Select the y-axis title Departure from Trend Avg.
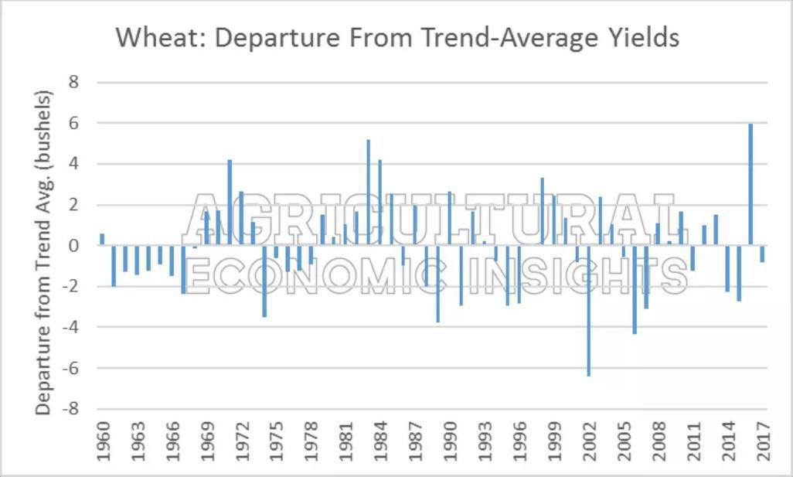44,253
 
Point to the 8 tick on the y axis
76,82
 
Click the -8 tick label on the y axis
73,409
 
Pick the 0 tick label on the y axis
76,246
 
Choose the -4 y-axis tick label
73,327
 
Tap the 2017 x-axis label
763,441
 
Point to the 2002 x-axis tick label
589,441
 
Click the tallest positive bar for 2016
750,185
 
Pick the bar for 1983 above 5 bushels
368,193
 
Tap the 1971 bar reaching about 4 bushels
230,203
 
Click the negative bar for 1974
264,281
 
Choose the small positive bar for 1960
102,240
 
